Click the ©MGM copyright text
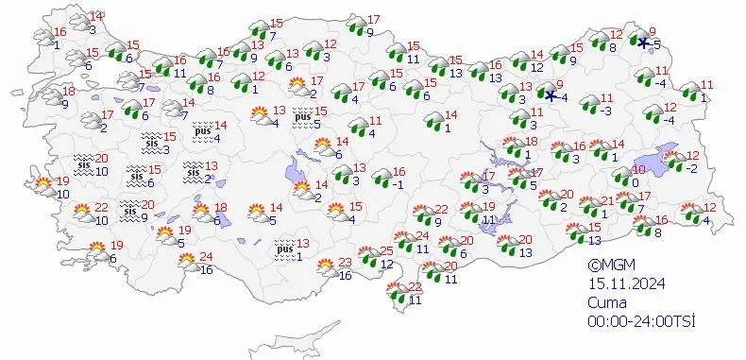pyautogui.click(x=608, y=266)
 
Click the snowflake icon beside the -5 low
pyautogui.click(x=643, y=43)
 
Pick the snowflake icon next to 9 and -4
pyautogui.click(x=551, y=94)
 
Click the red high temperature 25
pyautogui.click(x=385, y=250)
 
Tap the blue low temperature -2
pyautogui.click(x=692, y=168)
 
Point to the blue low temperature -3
pyautogui.click(x=607, y=111)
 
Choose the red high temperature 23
pyautogui.click(x=346, y=262)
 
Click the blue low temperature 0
pyautogui.click(x=636, y=170)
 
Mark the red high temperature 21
pyautogui.click(x=608, y=199)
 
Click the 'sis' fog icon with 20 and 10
pyautogui.click(x=83, y=164)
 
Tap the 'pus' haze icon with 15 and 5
pyautogui.click(x=303, y=118)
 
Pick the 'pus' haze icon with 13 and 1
pyautogui.click(x=283, y=249)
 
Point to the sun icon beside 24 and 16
pyautogui.click(x=186, y=259)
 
